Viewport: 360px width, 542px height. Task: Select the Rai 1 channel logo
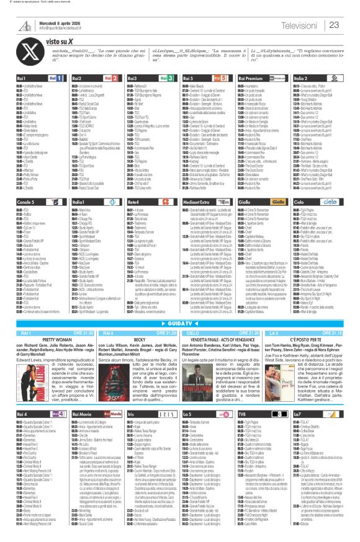tap(55, 79)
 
